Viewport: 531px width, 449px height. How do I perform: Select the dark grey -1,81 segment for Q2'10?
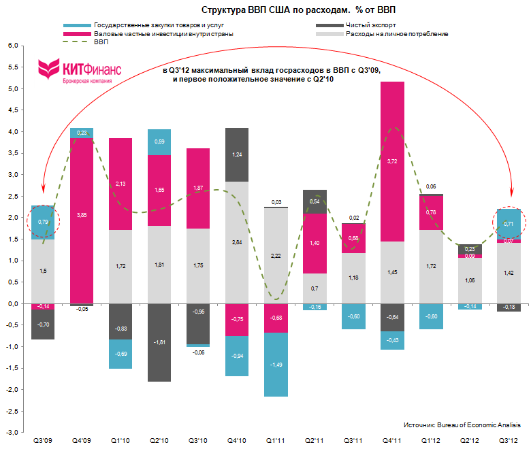159,342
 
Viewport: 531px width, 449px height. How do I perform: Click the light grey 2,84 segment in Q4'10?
237,242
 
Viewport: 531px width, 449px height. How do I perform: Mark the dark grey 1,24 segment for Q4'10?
237,154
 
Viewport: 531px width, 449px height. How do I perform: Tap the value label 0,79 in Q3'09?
43,222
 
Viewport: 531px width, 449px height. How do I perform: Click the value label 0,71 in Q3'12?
509,224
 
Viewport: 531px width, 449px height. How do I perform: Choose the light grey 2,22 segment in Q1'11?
276,255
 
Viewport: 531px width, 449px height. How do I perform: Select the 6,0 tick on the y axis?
12,46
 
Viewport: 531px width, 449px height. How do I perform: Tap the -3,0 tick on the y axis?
11,432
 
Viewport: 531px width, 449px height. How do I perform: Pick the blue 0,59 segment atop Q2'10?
159,142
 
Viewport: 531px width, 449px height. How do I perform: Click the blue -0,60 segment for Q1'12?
432,316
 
